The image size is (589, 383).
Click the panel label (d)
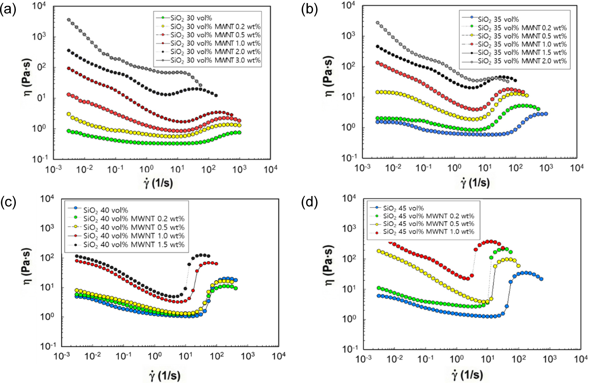[309, 202]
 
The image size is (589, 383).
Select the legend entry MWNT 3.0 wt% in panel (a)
[215, 60]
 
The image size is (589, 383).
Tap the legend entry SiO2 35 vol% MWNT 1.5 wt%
[522, 53]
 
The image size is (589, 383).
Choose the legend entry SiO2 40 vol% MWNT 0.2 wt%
[134, 219]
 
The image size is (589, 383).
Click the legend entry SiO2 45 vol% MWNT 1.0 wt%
[428, 232]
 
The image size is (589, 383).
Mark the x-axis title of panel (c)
[165, 376]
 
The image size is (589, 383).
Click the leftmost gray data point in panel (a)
[69, 20]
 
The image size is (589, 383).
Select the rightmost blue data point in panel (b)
[546, 114]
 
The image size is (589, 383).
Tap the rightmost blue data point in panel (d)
[541, 279]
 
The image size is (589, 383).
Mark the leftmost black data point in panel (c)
[77, 256]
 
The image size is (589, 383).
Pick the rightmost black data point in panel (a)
[216, 95]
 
